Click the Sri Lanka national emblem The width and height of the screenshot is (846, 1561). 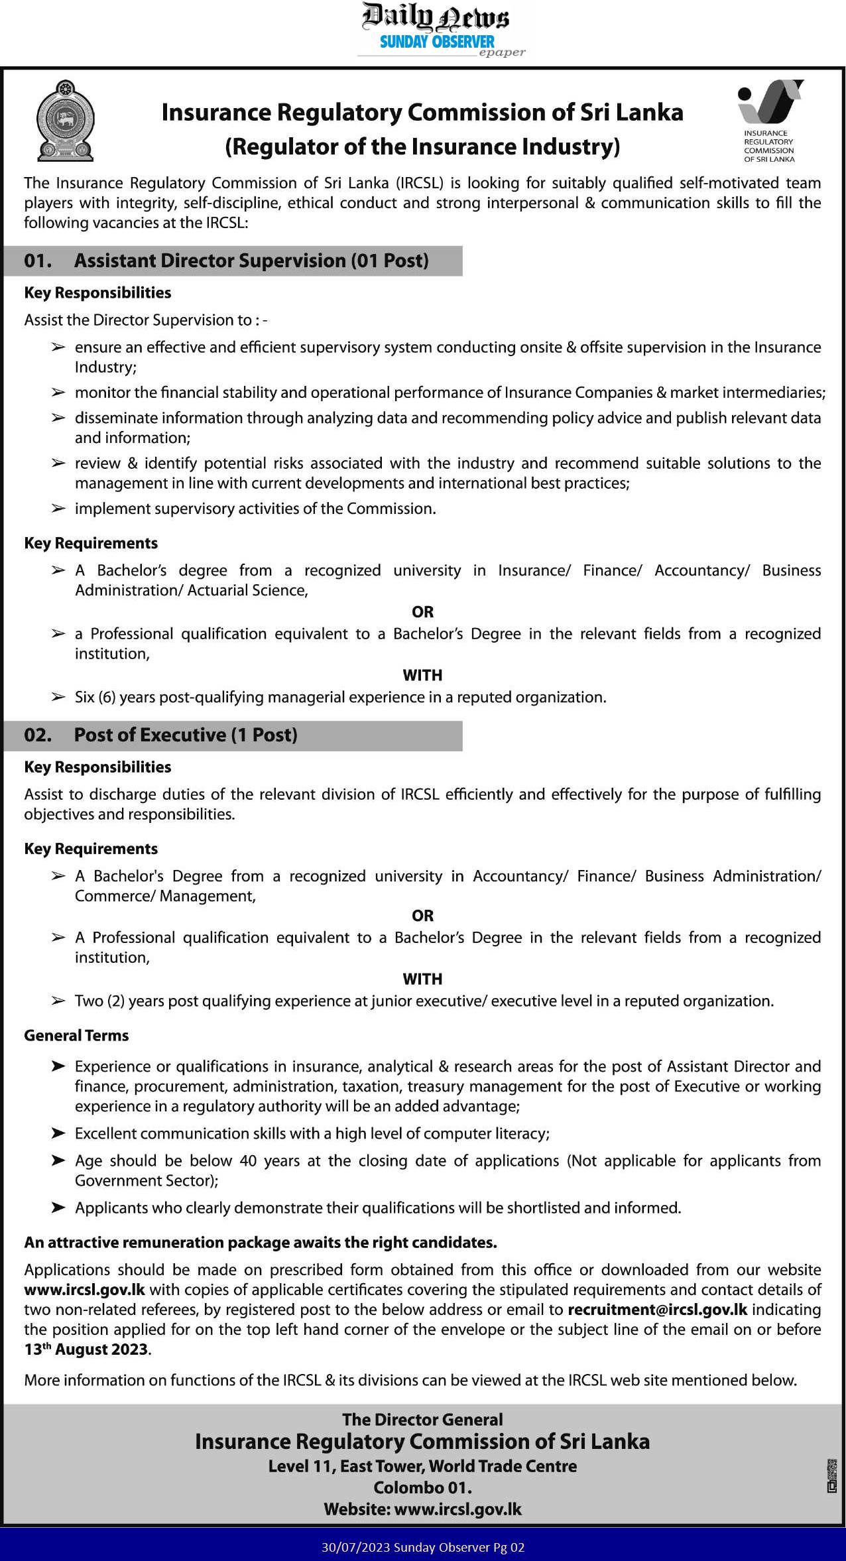point(65,120)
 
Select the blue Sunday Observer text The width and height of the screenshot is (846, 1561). point(437,42)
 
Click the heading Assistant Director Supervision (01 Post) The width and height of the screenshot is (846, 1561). point(251,261)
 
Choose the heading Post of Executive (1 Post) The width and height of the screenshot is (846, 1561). point(186,735)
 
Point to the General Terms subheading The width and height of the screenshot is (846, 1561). point(76,1035)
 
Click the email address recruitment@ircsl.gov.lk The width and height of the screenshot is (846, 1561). point(657,1310)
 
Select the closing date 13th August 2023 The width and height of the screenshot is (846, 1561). point(87,1349)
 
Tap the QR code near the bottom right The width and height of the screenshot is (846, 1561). point(831,1475)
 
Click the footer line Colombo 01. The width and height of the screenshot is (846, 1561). point(422,1487)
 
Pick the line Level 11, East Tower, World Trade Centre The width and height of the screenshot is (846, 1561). point(422,1466)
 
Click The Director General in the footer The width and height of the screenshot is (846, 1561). point(422,1419)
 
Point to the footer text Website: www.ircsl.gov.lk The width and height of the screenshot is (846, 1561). point(422,1509)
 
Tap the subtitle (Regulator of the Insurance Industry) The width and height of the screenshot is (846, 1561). point(422,147)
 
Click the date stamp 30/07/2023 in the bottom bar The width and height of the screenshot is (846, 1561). point(355,1548)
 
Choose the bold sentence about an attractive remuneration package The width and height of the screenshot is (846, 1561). point(261,1242)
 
